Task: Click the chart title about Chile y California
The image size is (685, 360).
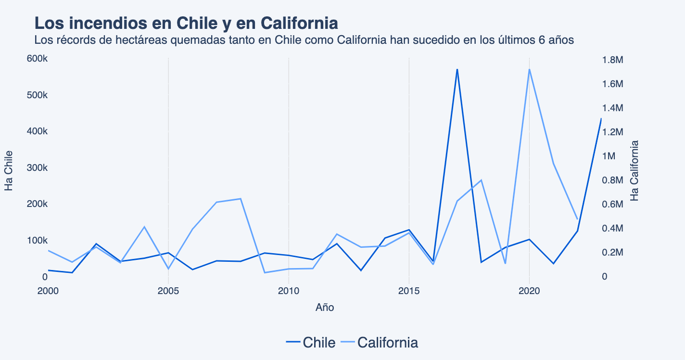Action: pos(186,23)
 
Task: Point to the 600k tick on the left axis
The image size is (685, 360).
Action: pos(38,59)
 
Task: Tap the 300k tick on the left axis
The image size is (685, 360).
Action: pos(38,168)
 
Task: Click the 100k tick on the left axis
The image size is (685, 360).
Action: pos(38,241)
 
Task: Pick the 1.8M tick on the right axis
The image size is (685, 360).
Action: pos(612,60)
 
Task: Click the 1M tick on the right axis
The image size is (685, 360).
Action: pos(609,156)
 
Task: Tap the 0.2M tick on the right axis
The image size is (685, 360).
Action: pos(612,252)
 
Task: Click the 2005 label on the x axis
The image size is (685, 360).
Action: pos(168,291)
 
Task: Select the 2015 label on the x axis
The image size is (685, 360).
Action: pos(409,291)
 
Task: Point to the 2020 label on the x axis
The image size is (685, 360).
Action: pos(529,291)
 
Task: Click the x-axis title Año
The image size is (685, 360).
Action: pos(325,308)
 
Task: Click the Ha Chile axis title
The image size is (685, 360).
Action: pos(9,170)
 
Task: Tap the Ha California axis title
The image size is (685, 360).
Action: pos(634,170)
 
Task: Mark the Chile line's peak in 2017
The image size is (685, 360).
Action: pos(457,69)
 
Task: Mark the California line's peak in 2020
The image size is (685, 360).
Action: pos(529,69)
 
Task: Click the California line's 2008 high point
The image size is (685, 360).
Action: pos(240,199)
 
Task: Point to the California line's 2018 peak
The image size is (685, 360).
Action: pos(481,180)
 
